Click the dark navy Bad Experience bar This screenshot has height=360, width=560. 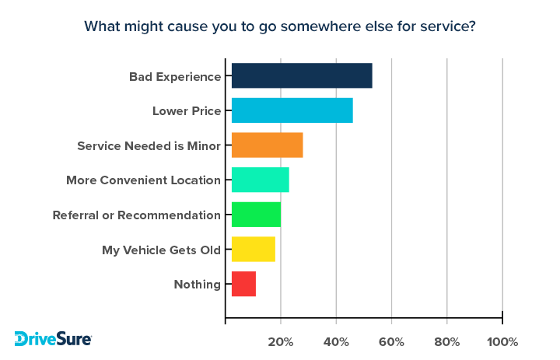302,76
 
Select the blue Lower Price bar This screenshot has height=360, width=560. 292,110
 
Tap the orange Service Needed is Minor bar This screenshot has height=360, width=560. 267,145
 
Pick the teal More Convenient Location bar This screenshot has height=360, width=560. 260,180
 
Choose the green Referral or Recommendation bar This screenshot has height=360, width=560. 256,215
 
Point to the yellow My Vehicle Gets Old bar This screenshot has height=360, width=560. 253,250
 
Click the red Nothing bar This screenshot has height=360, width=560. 243,284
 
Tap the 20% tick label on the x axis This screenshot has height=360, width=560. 281,342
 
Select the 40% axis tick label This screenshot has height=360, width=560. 336,342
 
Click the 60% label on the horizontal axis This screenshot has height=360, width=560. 392,342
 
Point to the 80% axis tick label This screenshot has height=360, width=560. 447,342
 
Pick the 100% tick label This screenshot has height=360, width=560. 502,342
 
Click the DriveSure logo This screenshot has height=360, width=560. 53,339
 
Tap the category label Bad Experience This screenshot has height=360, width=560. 175,76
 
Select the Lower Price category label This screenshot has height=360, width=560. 187,110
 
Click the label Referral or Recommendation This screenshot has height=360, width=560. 136,215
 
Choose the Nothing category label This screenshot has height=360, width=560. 198,284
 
